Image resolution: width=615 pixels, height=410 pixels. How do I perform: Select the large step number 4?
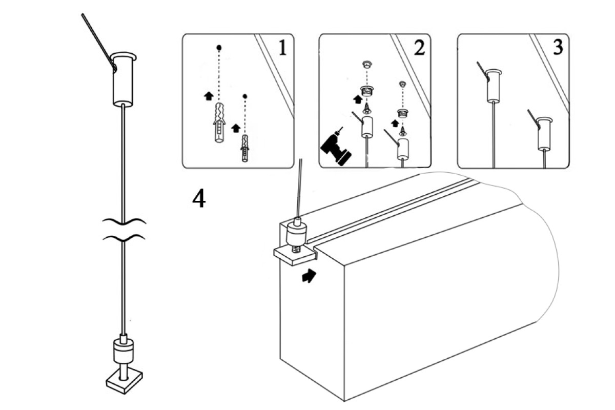(x=199, y=199)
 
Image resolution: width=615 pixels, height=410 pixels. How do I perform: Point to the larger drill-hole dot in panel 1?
(x=219, y=48)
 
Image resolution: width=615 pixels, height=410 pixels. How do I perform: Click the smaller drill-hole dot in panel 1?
(x=244, y=96)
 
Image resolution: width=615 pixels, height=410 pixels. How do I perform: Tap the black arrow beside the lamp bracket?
(x=309, y=276)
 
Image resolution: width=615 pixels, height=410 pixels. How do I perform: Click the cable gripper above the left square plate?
(x=124, y=351)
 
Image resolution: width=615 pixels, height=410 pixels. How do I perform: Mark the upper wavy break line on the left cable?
(x=124, y=221)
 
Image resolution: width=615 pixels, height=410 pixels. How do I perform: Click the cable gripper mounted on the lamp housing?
(x=296, y=233)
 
